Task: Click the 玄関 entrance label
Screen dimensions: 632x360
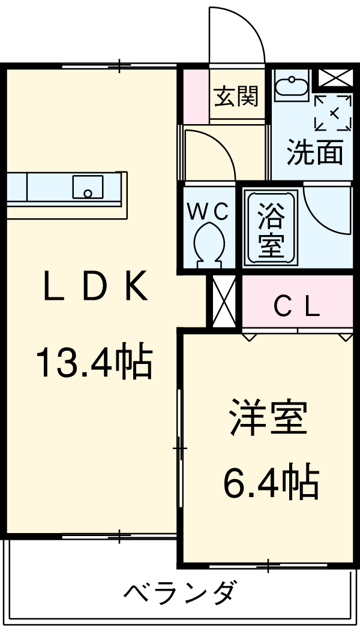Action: [x=236, y=96]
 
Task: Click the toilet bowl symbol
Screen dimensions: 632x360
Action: [x=210, y=243]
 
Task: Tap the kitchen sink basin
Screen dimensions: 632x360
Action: [x=88, y=186]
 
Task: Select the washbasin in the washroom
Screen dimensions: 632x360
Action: [x=292, y=85]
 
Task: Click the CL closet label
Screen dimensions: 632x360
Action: [x=296, y=308]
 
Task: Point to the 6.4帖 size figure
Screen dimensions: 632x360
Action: [x=270, y=483]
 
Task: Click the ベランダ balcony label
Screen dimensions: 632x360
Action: [x=180, y=594]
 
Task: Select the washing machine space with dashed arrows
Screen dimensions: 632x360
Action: [x=332, y=112]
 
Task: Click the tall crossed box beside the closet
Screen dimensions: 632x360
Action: [x=224, y=301]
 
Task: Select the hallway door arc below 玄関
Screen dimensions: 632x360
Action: [x=210, y=153]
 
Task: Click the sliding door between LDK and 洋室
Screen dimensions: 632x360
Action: [x=180, y=447]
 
